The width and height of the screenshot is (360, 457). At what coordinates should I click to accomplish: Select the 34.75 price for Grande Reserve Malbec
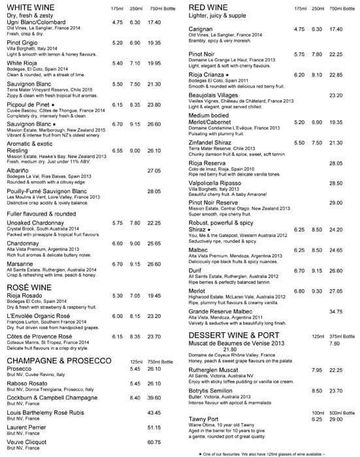pyautogui.click(x=336, y=311)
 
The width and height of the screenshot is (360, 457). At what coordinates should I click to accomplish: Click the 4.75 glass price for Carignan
pyautogui.click(x=299, y=29)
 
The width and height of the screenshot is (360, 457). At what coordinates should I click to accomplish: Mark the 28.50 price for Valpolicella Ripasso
pyautogui.click(x=336, y=183)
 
